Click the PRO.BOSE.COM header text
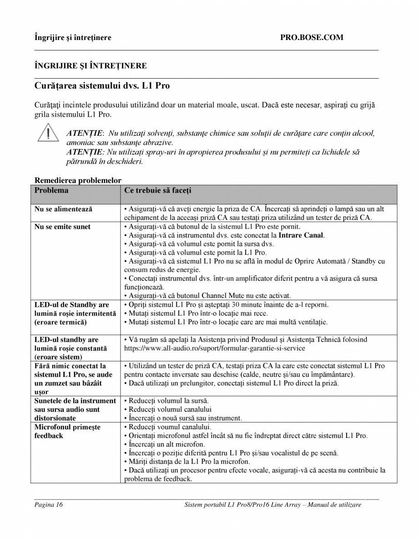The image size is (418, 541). [312, 37]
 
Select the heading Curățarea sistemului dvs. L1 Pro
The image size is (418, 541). [102, 85]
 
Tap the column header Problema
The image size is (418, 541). [51, 190]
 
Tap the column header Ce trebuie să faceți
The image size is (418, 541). [155, 190]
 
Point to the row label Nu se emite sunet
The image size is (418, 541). [62, 226]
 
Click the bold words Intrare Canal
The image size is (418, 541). [301, 235]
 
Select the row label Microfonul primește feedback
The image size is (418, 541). [67, 431]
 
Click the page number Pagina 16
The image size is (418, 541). [48, 505]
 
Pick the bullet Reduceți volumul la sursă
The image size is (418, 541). [166, 401]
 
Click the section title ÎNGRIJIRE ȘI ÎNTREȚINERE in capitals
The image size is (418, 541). [91, 66]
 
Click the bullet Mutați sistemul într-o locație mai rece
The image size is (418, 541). [196, 313]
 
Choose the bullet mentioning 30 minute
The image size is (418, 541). [226, 305]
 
